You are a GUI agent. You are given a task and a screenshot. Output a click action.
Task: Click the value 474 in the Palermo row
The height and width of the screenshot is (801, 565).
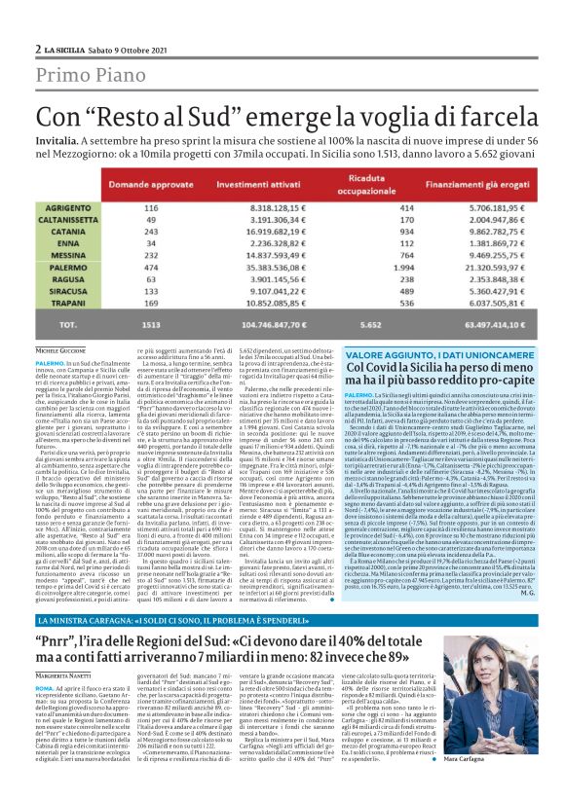coord(151,265)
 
